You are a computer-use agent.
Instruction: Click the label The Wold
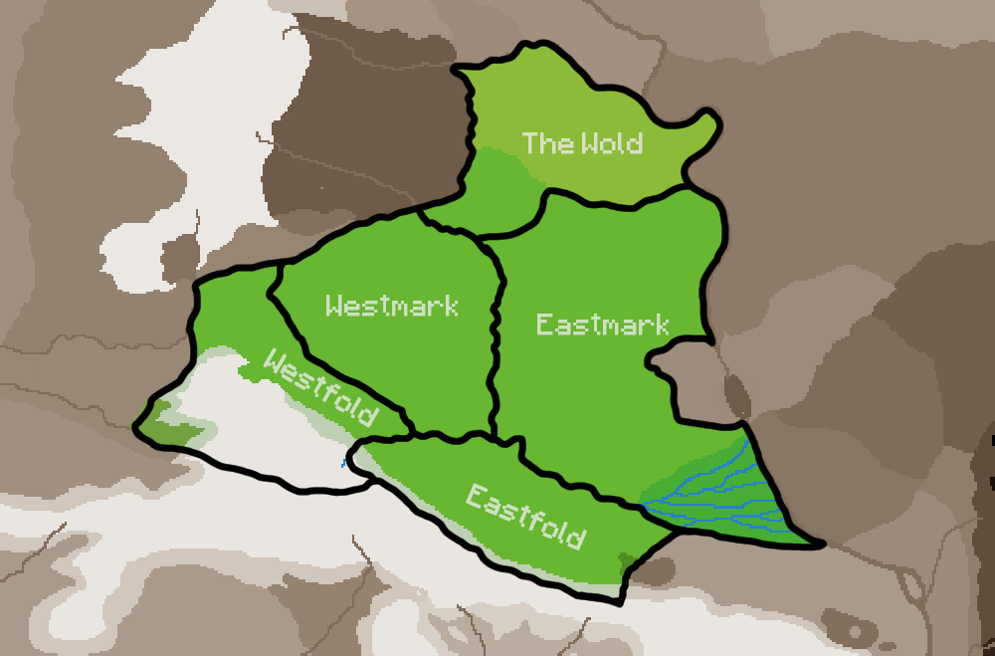tap(582, 143)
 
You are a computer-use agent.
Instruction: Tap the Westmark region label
tap(392, 306)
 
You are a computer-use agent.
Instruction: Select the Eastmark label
tap(602, 325)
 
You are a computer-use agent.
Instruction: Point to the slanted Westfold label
tap(320, 387)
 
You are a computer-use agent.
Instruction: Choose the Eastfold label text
tap(524, 516)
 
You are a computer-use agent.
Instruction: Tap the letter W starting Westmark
tap(334, 306)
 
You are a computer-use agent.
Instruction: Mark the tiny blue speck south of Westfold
tap(343, 463)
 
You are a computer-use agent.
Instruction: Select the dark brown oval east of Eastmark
tap(738, 396)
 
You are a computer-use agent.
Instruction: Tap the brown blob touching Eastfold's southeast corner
tap(653, 571)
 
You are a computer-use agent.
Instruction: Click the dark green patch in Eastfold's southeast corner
tap(626, 560)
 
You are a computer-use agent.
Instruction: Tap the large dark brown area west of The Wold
tap(358, 129)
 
